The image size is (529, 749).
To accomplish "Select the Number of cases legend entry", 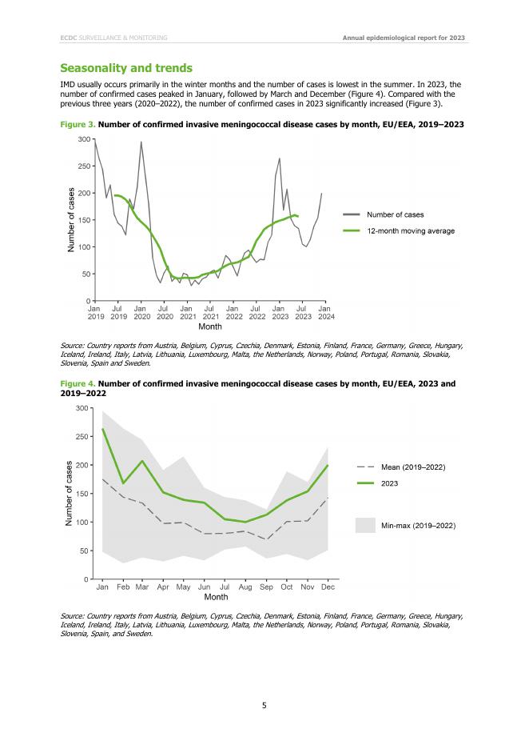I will point(395,214).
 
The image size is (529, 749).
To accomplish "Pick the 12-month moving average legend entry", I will point(410,231).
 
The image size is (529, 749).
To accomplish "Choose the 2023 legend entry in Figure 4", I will point(390,483).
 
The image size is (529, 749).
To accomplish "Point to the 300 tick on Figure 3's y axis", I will point(83,140).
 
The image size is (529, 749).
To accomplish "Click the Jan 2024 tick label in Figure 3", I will point(325,312).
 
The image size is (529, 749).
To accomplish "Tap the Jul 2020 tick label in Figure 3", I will point(164,312).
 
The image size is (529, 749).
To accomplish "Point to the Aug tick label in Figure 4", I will point(246,587).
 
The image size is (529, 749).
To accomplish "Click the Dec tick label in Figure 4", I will point(328,587).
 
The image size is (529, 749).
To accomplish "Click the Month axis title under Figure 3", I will point(210,326).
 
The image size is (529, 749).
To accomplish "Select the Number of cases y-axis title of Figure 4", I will point(70,493).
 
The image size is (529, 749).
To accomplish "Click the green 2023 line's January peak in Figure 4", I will point(103,429).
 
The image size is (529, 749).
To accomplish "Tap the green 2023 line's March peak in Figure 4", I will point(143,461).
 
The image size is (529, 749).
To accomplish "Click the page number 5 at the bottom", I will point(264,705).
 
